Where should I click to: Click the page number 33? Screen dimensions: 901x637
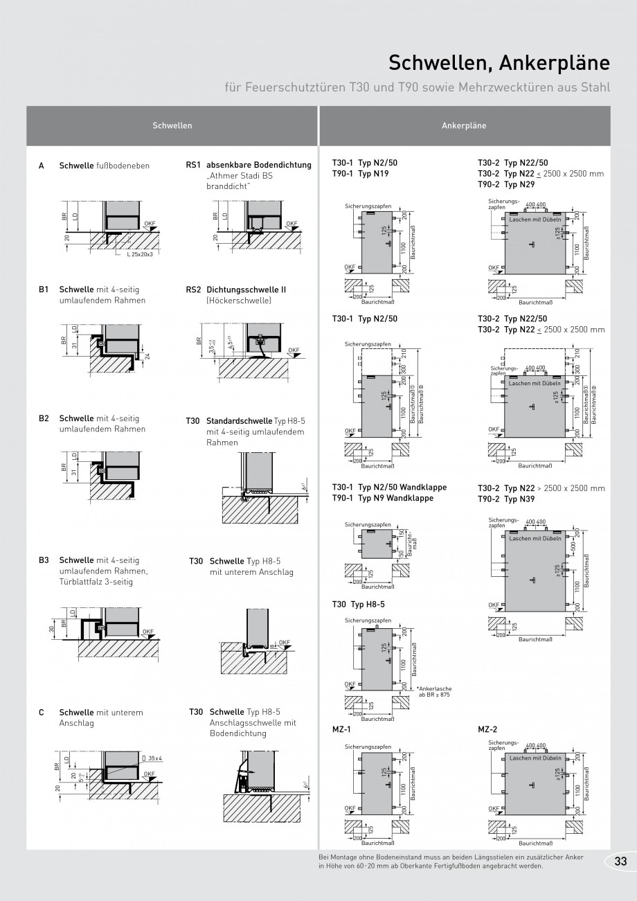(x=620, y=861)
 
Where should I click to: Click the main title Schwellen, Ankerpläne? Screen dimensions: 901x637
(x=499, y=64)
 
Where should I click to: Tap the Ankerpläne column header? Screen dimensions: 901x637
(x=464, y=126)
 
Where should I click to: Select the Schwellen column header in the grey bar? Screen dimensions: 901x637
(x=172, y=126)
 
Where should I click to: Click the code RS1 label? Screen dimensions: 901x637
(x=193, y=166)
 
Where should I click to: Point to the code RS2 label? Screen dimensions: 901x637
(x=193, y=289)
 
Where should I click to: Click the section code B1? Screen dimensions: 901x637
(x=44, y=289)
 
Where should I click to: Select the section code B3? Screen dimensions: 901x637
(x=44, y=560)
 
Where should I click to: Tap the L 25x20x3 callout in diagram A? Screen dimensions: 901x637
(x=143, y=254)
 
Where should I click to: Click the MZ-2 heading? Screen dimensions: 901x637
(x=487, y=729)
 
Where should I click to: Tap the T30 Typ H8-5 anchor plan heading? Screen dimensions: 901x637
(x=358, y=604)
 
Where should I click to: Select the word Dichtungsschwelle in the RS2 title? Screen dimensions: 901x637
(x=238, y=289)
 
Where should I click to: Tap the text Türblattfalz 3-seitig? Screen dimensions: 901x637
(x=96, y=582)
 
